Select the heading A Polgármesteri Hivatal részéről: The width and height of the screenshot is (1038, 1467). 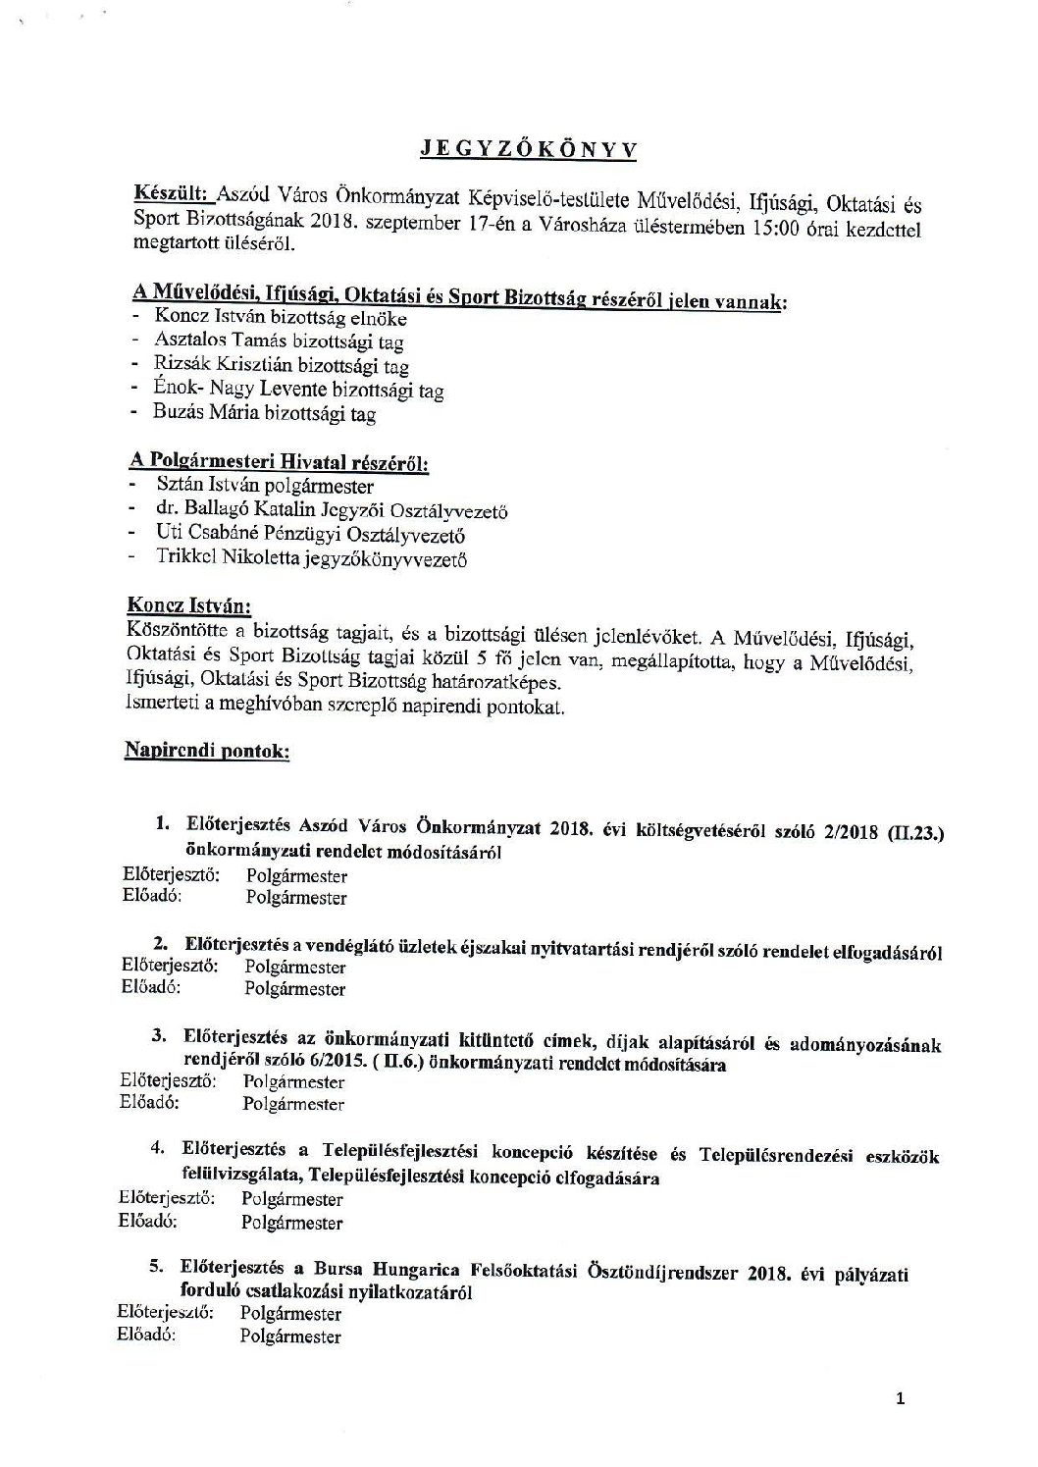coord(279,460)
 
